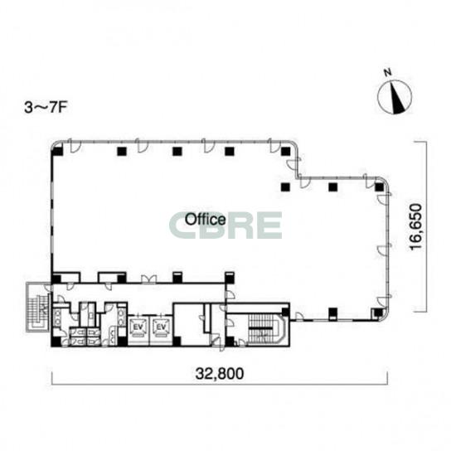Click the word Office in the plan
[x=205, y=219]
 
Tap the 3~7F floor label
[x=46, y=108]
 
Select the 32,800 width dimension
[x=220, y=374]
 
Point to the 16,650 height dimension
[x=416, y=227]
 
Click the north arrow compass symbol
[x=395, y=97]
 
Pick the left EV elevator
[x=138, y=327]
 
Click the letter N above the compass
[x=388, y=72]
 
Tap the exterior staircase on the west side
[x=38, y=307]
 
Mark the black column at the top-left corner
[x=58, y=151]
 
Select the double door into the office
[x=148, y=279]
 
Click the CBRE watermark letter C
[x=182, y=225]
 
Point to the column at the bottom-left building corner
[x=56, y=342]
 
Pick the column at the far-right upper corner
[x=380, y=187]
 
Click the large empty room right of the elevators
[x=189, y=324]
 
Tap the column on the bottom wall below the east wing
[x=333, y=313]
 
